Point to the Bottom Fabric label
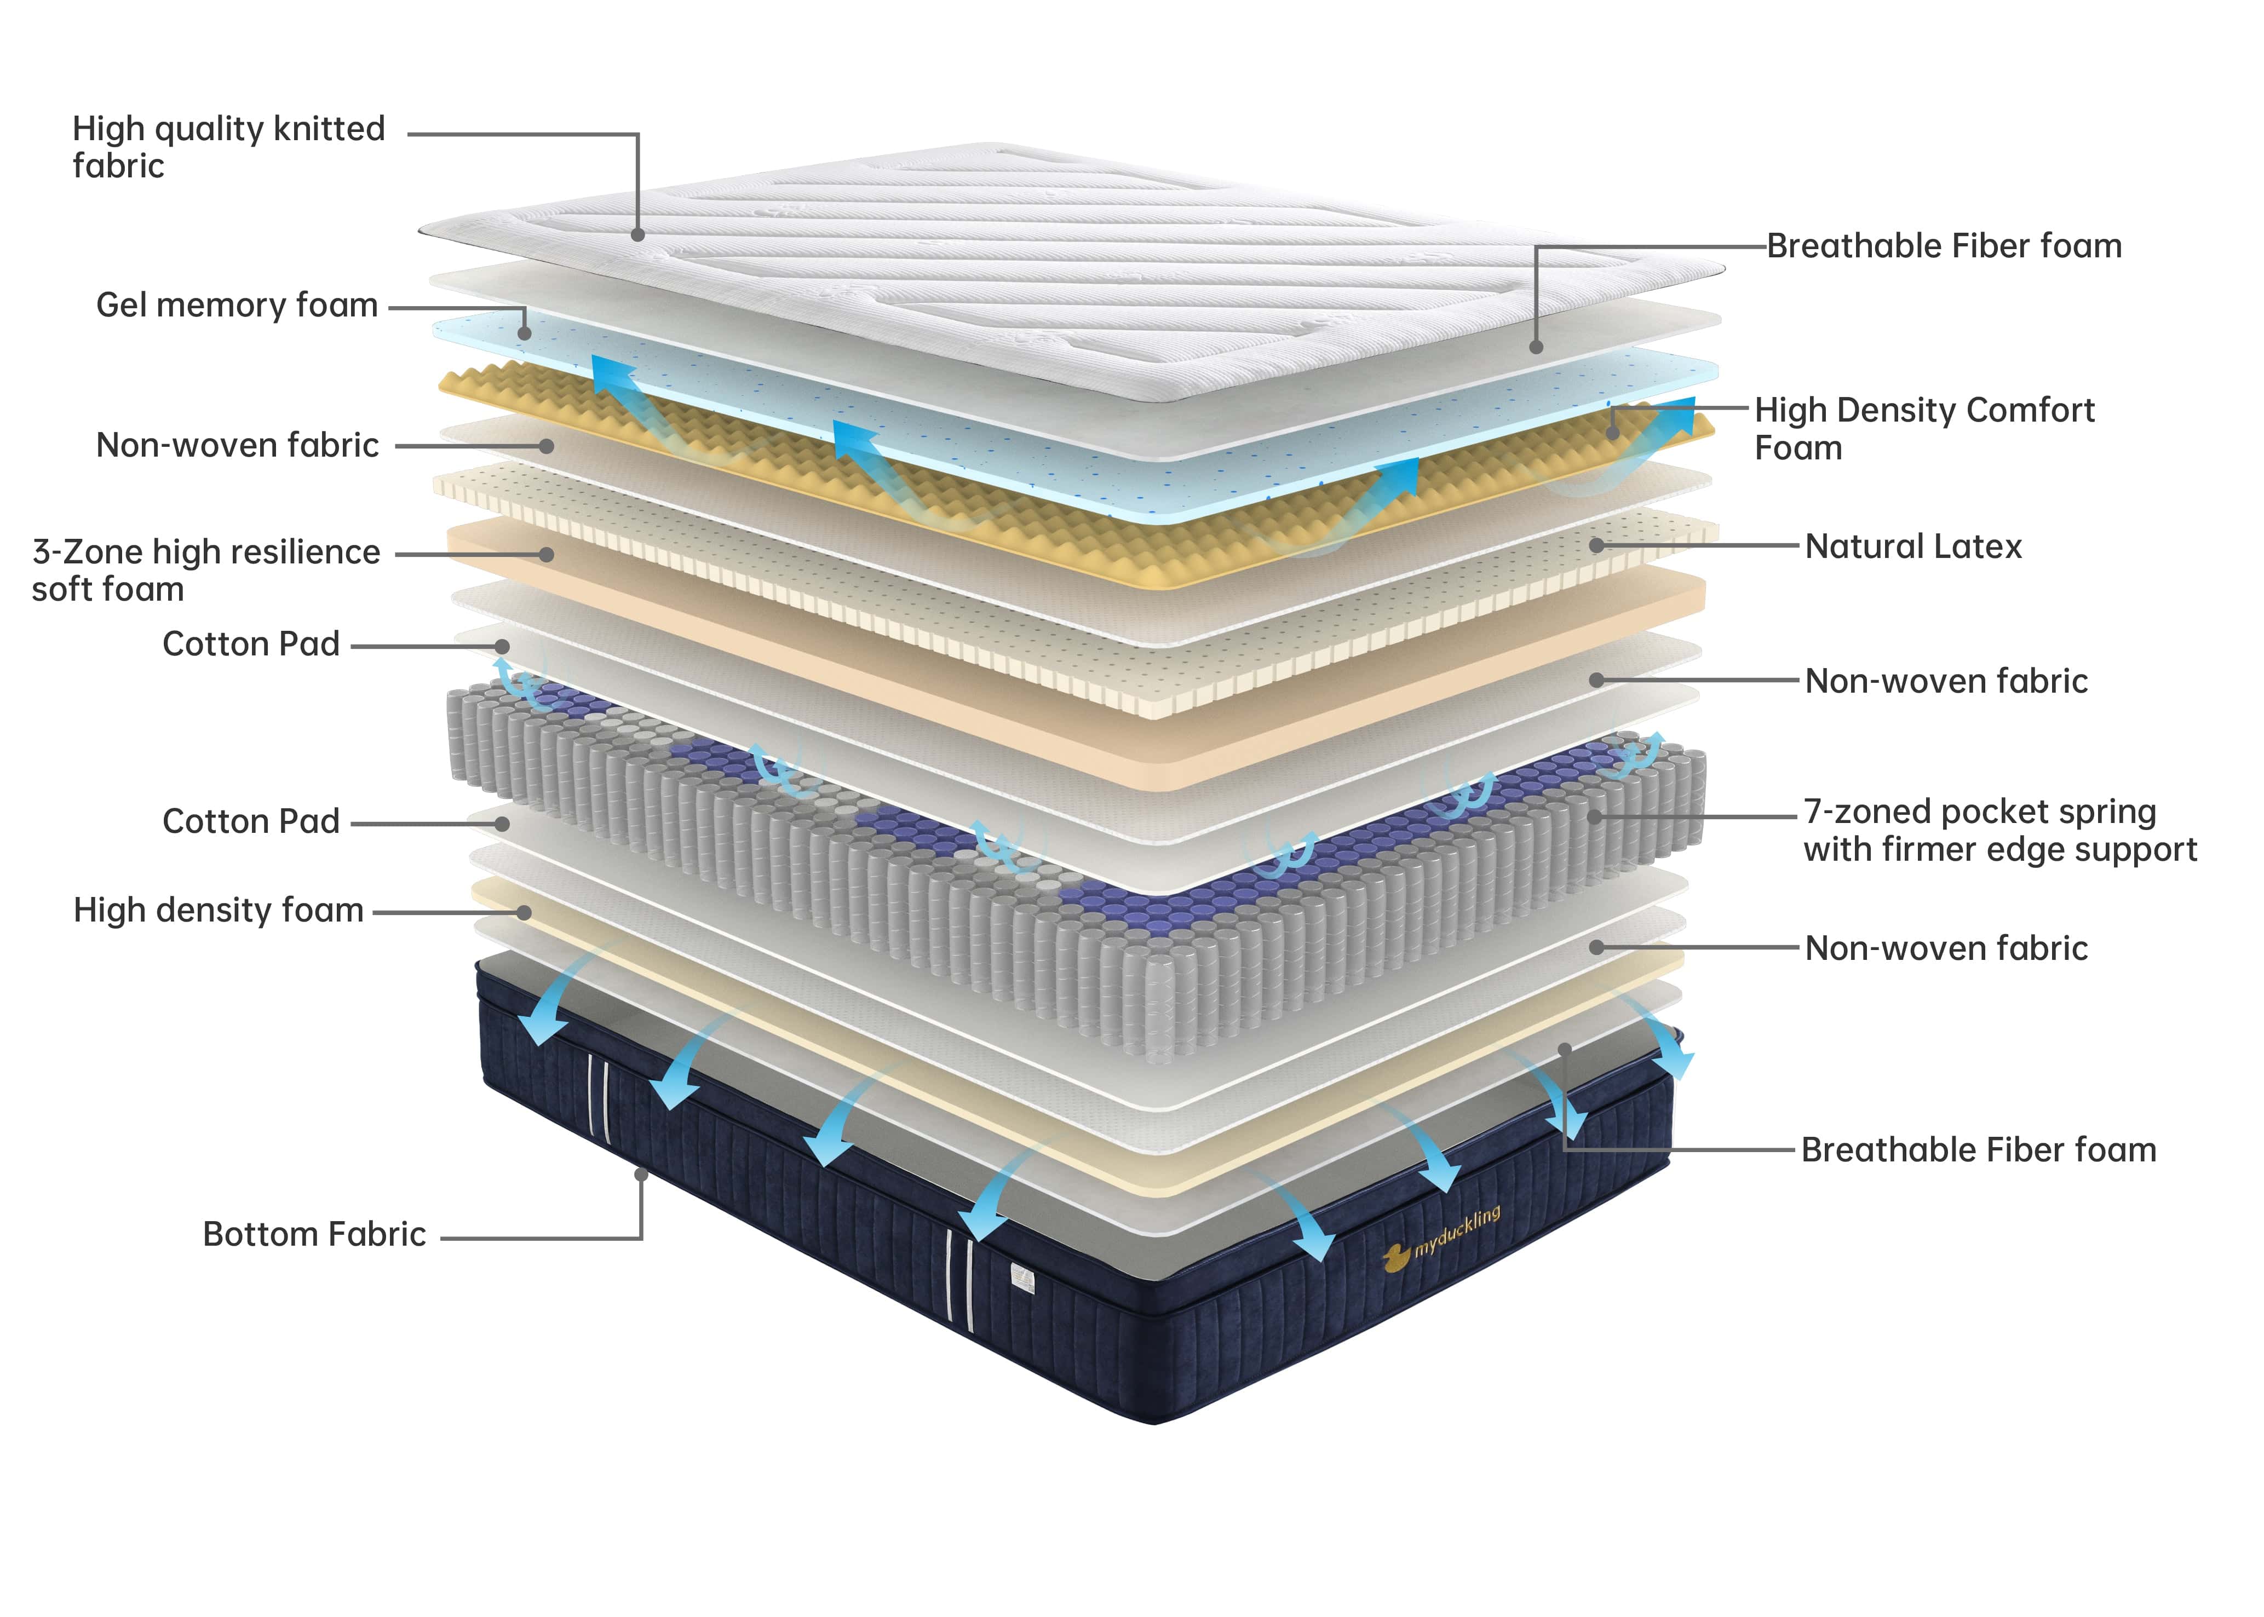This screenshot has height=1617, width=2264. (x=314, y=1235)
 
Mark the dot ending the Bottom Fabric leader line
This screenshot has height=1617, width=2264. (x=641, y=1175)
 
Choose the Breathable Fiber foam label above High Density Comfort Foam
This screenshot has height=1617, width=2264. (x=1944, y=246)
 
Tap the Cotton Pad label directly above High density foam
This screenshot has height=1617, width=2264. (x=251, y=821)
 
